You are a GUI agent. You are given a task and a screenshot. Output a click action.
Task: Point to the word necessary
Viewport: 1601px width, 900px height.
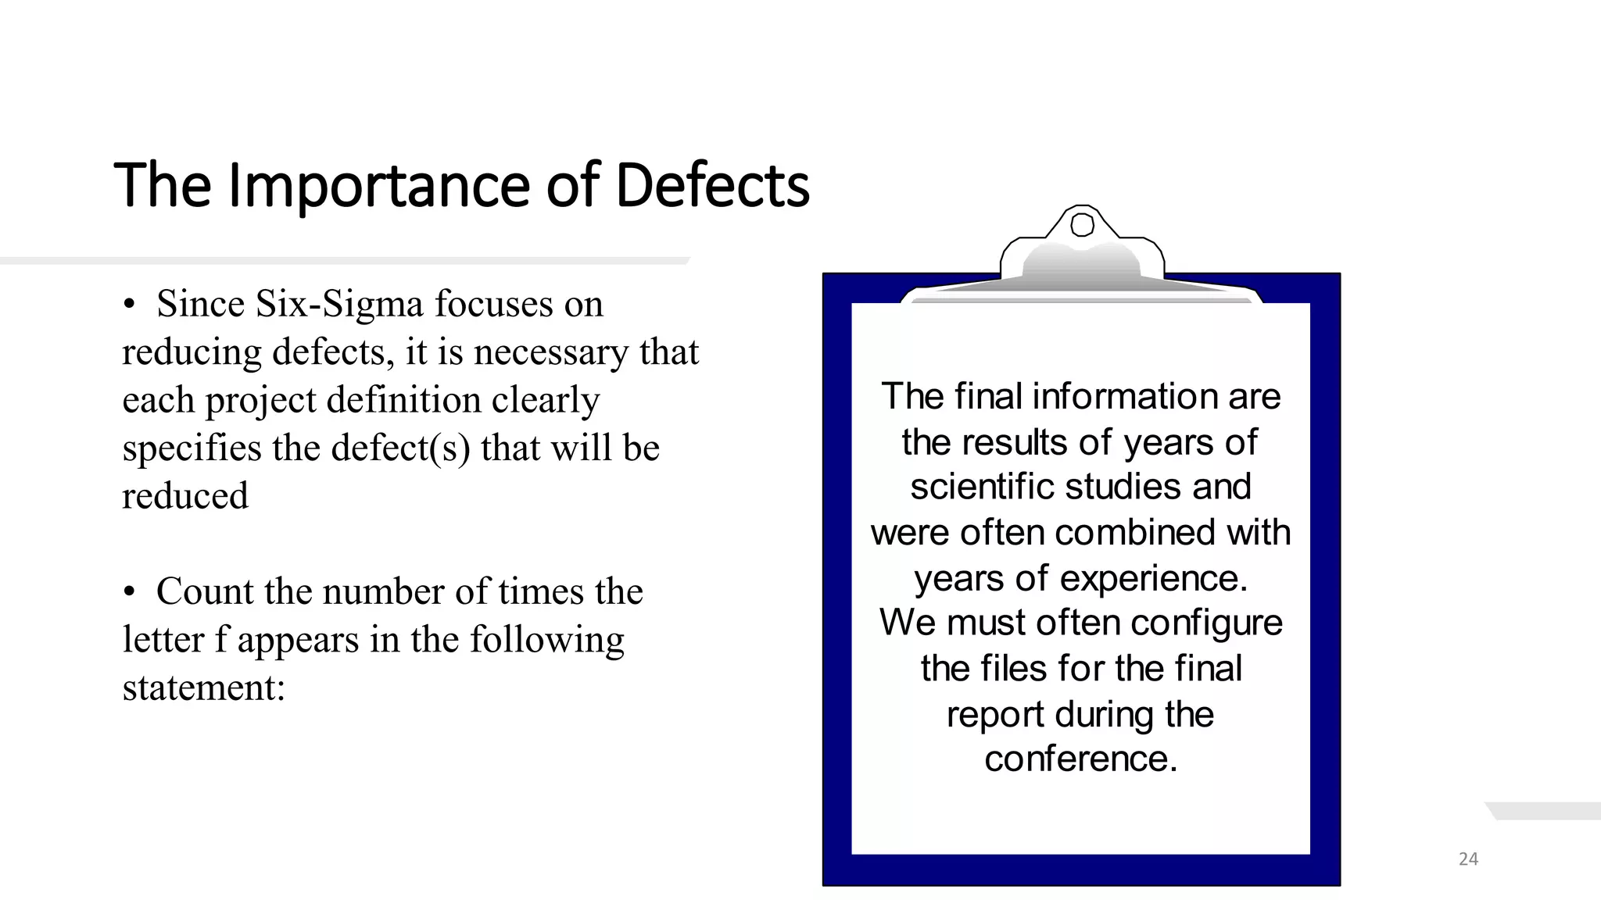[x=551, y=352]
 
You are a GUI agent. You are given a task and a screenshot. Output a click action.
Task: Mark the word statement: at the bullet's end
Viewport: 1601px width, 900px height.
[x=204, y=687]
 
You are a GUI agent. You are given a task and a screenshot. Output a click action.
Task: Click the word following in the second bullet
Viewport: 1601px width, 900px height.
[x=546, y=640]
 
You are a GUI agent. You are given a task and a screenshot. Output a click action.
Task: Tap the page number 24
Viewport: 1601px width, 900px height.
[x=1468, y=859]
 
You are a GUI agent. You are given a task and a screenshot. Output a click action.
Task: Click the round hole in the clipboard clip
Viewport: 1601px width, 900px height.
[x=1082, y=225]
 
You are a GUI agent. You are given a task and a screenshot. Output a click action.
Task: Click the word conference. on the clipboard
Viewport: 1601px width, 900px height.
[x=1080, y=759]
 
